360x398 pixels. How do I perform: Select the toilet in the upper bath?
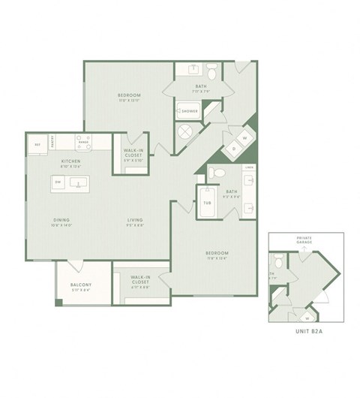[x=212, y=74]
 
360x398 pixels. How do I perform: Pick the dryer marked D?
[x=233, y=149]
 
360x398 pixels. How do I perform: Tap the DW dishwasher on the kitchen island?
[x=57, y=182]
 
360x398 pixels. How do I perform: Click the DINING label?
[x=61, y=219]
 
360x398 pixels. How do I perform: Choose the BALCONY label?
[x=80, y=285]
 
